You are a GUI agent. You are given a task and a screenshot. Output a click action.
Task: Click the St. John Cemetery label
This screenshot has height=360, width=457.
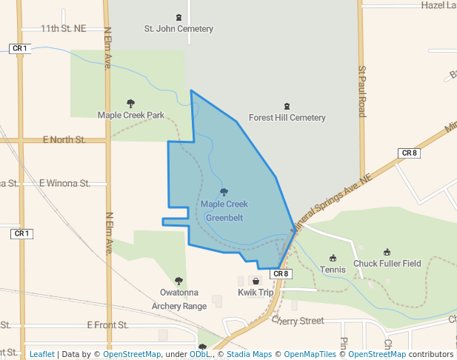click(x=179, y=29)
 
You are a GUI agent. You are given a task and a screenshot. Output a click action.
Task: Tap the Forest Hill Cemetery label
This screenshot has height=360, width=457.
click(x=287, y=118)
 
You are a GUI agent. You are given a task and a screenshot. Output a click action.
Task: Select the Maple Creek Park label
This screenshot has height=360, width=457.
click(x=131, y=115)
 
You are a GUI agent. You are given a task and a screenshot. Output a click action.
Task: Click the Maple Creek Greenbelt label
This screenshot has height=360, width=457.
click(x=224, y=210)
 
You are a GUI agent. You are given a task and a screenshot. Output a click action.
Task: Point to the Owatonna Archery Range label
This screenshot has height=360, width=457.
click(x=179, y=299)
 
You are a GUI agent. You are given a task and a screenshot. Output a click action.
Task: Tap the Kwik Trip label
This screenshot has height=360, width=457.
click(x=256, y=293)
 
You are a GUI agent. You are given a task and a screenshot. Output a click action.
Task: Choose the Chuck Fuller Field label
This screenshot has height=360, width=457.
click(x=387, y=263)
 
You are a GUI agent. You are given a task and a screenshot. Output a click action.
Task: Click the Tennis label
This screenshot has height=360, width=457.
click(x=333, y=270)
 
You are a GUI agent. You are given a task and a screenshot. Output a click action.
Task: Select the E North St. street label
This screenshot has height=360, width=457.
click(x=64, y=139)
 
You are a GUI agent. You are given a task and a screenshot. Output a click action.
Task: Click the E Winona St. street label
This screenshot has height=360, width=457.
click(x=64, y=182)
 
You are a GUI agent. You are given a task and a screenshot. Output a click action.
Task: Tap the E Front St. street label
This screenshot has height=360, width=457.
click(x=107, y=324)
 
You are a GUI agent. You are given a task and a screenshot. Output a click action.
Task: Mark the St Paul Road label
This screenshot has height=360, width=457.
click(x=362, y=91)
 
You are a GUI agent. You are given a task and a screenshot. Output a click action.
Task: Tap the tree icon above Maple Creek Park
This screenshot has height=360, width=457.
click(x=131, y=104)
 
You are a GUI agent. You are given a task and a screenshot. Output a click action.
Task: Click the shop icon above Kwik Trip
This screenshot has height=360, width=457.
click(x=256, y=281)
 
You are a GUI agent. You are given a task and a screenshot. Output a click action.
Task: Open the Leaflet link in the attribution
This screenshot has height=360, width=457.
click(x=41, y=354)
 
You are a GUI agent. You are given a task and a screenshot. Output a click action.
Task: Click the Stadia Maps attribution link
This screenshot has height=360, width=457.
click(x=248, y=354)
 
